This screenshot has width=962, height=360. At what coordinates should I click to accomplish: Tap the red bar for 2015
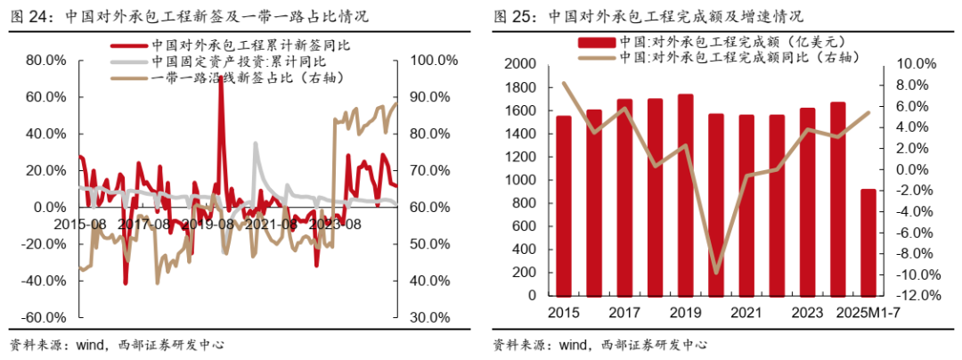(x=564, y=207)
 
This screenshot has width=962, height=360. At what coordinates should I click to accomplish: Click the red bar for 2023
(x=807, y=202)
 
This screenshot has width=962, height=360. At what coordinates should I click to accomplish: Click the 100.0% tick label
(x=436, y=61)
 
